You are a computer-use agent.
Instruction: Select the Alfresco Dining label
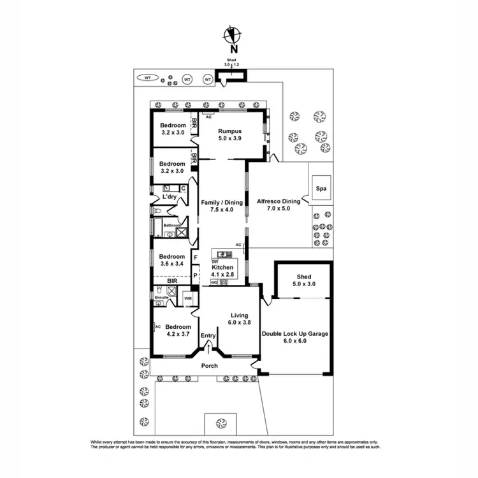click(x=277, y=205)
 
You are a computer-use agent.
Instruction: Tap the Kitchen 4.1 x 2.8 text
click(x=223, y=272)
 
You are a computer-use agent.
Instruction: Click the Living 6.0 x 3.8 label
click(x=239, y=319)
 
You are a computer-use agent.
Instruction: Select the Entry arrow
click(x=208, y=348)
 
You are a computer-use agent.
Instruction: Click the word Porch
click(x=209, y=366)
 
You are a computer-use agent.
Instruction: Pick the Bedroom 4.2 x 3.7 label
click(x=178, y=330)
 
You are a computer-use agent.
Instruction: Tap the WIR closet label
click(x=188, y=298)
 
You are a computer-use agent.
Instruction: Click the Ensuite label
click(x=162, y=296)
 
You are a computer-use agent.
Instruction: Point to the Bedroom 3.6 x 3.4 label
click(x=171, y=260)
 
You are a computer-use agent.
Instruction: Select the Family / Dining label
click(x=222, y=205)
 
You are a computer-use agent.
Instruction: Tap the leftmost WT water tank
click(x=147, y=78)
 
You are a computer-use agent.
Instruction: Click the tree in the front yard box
click(x=221, y=423)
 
